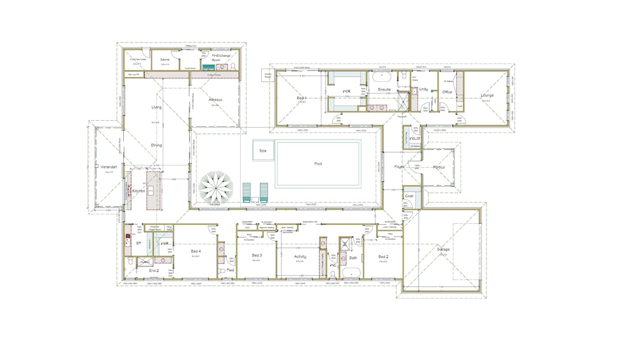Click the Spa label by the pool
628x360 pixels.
click(263, 150)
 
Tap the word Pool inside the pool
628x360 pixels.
click(318, 164)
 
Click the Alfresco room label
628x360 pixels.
click(215, 100)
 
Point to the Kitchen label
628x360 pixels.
click(138, 191)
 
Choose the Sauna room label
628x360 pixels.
click(165, 60)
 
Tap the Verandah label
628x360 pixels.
click(109, 166)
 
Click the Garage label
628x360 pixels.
click(443, 249)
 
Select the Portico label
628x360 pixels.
click(438, 167)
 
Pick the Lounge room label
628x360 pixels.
click(487, 95)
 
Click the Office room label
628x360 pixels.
click(447, 92)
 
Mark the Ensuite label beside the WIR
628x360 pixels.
click(384, 89)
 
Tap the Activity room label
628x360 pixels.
click(300, 256)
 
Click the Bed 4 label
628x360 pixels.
click(196, 251)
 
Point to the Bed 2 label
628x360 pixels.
click(384, 256)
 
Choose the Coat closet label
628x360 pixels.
click(409, 196)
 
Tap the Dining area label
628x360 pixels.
click(156, 145)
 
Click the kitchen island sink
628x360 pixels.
click(150, 191)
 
